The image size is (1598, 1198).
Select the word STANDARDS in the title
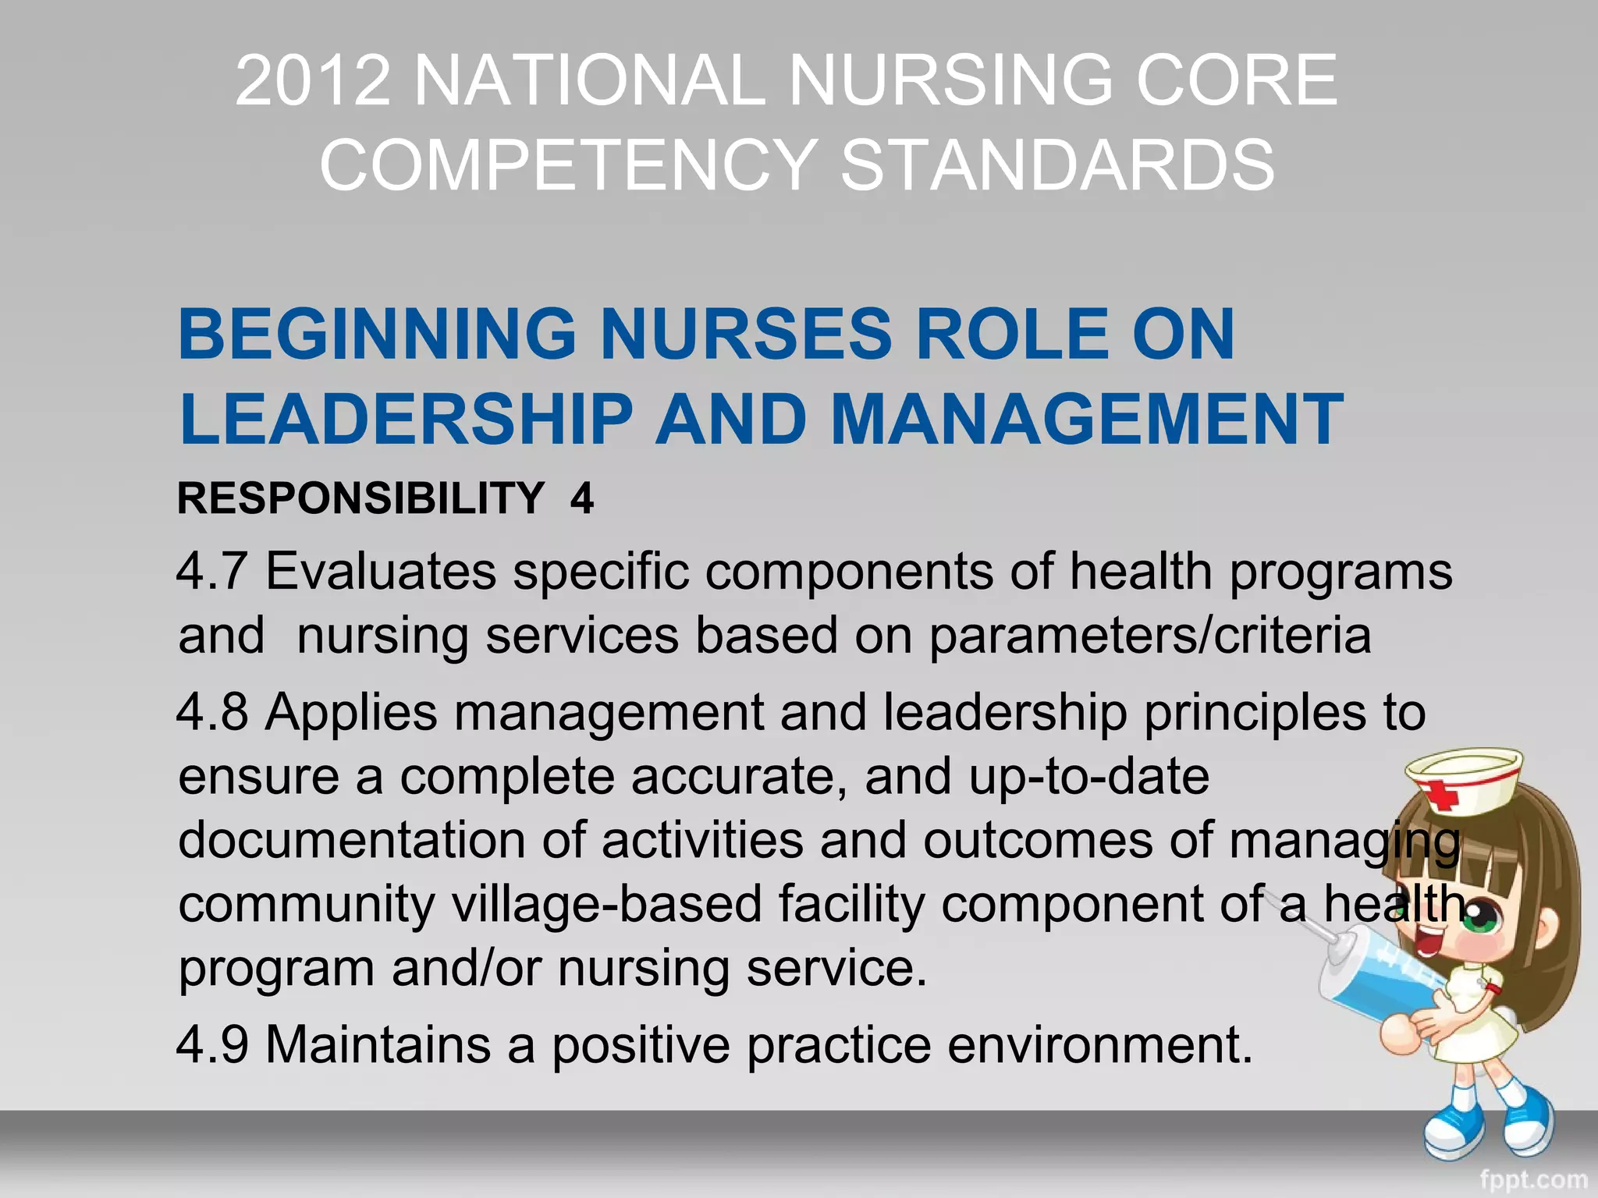[1057, 165]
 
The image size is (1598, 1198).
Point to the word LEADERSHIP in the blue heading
[406, 419]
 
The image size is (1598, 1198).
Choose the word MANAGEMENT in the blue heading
[1087, 419]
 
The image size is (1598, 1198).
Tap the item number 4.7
[212, 572]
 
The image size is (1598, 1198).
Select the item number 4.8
[212, 712]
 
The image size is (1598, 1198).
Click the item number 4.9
[212, 1044]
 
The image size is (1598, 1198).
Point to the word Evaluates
[381, 572]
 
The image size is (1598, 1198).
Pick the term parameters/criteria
[1149, 636]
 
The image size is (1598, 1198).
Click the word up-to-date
[1089, 777]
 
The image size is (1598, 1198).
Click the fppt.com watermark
[1533, 1180]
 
